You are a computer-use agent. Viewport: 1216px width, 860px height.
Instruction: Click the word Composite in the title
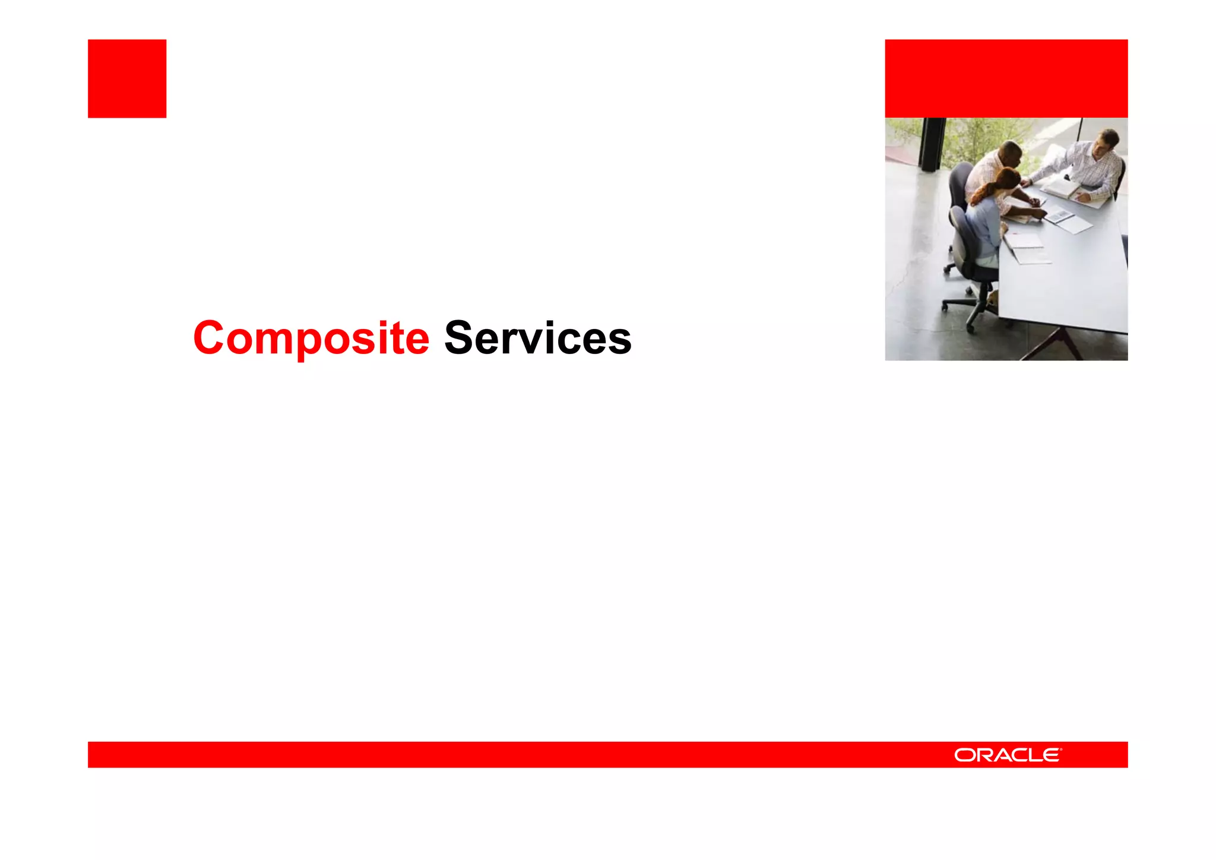(311, 338)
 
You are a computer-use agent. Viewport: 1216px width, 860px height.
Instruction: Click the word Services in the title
(537, 338)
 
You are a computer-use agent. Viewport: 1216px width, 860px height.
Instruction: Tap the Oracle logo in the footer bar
(1008, 755)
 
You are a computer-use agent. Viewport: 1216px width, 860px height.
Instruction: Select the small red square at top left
(127, 78)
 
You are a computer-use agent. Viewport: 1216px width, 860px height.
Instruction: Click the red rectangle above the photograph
(1006, 78)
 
